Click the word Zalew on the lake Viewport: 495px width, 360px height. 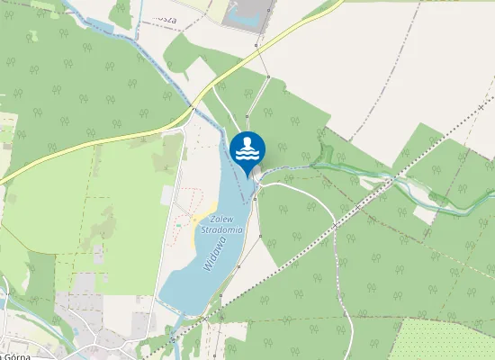(x=220, y=219)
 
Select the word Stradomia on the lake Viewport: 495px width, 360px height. (x=222, y=229)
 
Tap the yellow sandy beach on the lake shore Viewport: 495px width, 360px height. (x=195, y=229)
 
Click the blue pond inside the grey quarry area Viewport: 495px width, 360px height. (x=243, y=13)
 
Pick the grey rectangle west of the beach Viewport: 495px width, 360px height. (x=166, y=195)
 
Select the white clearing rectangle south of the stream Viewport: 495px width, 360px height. (x=423, y=216)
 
